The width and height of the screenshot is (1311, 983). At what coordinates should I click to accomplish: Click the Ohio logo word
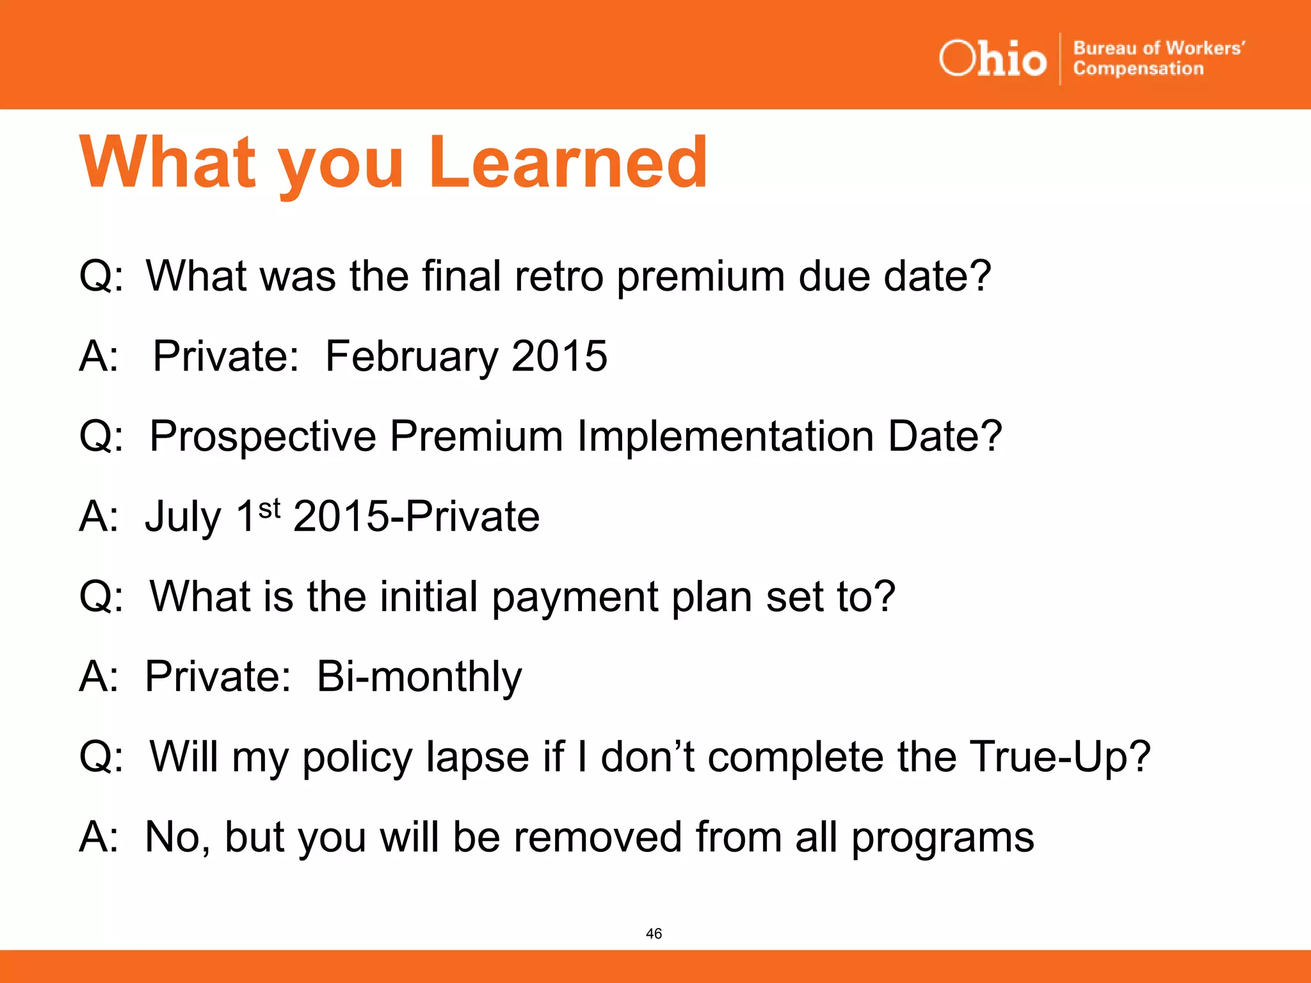click(992, 59)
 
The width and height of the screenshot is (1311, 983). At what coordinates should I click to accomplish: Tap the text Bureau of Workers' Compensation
click(1158, 58)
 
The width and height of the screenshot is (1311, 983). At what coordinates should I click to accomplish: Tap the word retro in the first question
click(559, 276)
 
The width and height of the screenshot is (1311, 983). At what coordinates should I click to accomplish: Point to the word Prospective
click(262, 437)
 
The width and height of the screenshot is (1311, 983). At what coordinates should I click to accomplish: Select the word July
click(183, 517)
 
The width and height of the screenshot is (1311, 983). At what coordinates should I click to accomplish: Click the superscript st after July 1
click(269, 509)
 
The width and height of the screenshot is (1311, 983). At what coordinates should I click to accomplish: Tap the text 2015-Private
click(416, 516)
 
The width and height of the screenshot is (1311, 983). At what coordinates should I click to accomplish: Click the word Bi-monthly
click(419, 677)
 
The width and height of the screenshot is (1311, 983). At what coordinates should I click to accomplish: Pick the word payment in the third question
click(575, 598)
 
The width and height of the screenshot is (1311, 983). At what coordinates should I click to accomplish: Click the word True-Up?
click(1059, 757)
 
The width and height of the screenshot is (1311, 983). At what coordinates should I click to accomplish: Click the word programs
click(942, 838)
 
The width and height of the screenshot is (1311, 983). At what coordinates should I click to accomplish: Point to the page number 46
click(654, 934)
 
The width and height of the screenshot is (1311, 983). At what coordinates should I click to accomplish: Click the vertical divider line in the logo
click(1060, 59)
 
